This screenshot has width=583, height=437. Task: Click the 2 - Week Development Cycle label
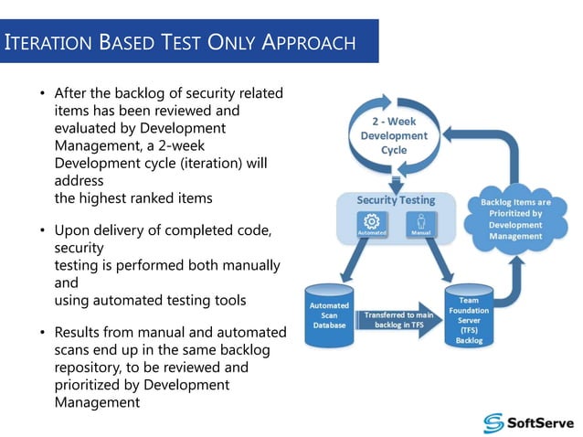pyautogui.click(x=393, y=135)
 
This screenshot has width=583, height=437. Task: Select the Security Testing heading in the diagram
pyautogui.click(x=396, y=199)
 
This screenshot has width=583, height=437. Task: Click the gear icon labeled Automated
pyautogui.click(x=372, y=221)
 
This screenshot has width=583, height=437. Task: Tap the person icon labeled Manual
pyautogui.click(x=421, y=221)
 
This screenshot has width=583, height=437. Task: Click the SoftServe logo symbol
pyautogui.click(x=494, y=422)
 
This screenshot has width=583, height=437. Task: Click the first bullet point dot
pyautogui.click(x=41, y=94)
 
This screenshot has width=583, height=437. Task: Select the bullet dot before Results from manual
pyautogui.click(x=41, y=332)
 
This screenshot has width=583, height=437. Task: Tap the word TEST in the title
pyautogui.click(x=186, y=42)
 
